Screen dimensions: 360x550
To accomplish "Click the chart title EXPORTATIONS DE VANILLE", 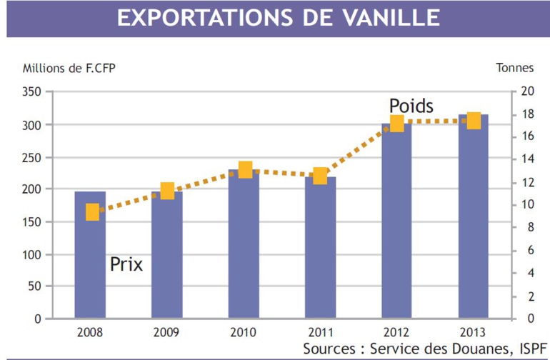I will (x=279, y=19).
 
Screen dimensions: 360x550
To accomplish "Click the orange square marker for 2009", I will (x=167, y=191).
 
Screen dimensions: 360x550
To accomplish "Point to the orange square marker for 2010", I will (x=245, y=169).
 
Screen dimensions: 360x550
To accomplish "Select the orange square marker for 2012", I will (x=397, y=124).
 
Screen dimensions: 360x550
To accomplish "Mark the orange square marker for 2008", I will (x=92, y=212).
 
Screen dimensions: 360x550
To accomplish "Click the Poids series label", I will (x=411, y=106).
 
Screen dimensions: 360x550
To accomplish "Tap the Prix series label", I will (x=126, y=265).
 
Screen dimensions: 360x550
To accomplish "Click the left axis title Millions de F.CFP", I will (x=69, y=69).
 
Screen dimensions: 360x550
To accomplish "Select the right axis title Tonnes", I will (x=514, y=69).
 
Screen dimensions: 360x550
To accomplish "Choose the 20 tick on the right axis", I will (x=528, y=91).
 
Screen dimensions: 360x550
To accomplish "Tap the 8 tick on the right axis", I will (x=528, y=227).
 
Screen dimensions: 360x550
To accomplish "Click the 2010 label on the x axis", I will (x=244, y=332).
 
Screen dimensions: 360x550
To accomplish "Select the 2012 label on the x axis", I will (x=397, y=332).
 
